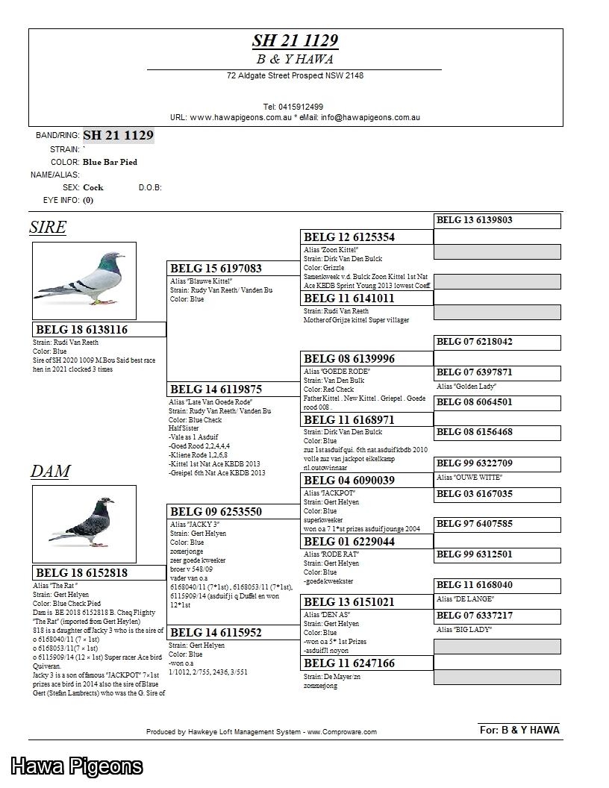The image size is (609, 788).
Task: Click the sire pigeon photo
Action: pos(84,281)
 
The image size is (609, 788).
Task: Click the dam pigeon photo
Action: pos(84,524)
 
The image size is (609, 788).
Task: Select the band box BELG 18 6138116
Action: pos(99,330)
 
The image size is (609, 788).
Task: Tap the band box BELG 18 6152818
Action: pos(99,573)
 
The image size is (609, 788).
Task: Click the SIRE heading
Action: pos(48,228)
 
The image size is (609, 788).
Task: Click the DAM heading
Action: pos(50,472)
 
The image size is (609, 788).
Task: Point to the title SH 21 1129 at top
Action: pos(295,41)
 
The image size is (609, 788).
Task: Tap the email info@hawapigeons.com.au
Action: pos(370,118)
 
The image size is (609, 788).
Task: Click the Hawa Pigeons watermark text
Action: pos(76,766)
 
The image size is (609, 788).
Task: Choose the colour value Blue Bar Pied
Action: pos(110,162)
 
